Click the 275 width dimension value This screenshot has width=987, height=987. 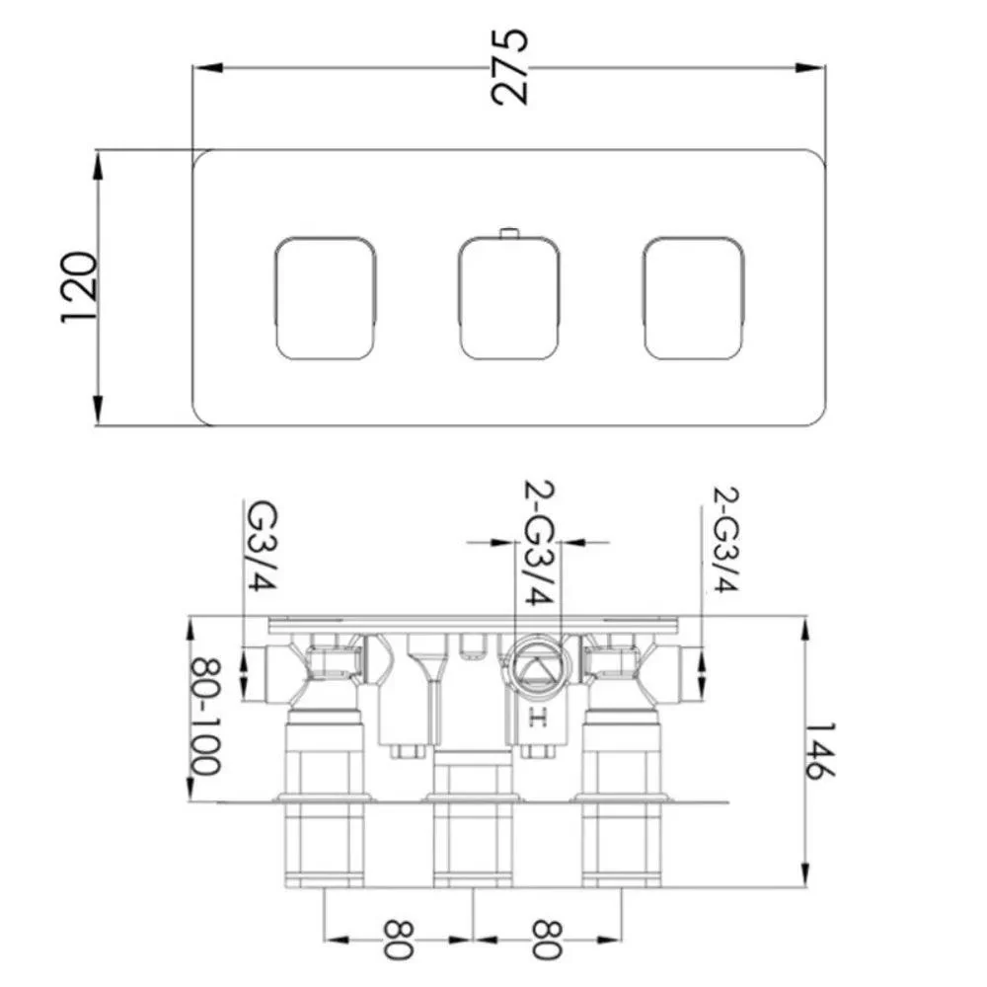(x=509, y=67)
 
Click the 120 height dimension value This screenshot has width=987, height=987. (x=79, y=287)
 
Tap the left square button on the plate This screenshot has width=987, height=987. (x=325, y=298)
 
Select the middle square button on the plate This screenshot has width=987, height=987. (x=509, y=298)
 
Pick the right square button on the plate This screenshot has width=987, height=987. (x=694, y=298)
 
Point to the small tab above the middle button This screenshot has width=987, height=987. (x=509, y=234)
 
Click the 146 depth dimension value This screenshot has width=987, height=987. (x=821, y=750)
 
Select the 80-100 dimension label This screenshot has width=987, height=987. (x=206, y=717)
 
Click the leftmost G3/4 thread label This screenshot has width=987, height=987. (x=262, y=547)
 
